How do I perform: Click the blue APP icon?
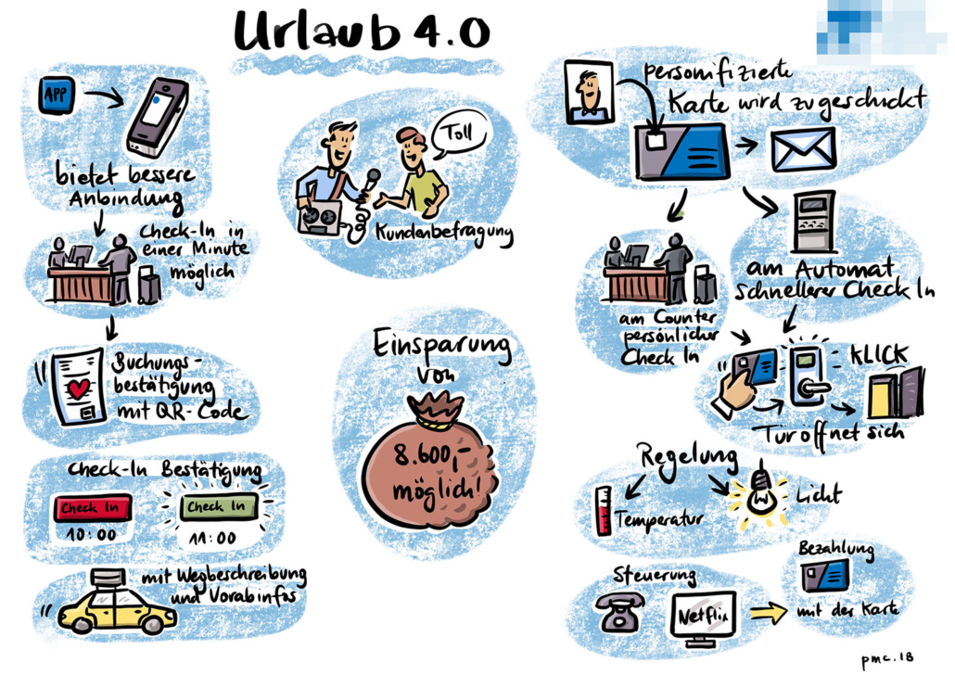(x=57, y=95)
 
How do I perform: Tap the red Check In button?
(x=93, y=507)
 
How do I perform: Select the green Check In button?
(x=218, y=506)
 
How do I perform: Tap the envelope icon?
(x=802, y=150)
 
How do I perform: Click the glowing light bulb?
(x=759, y=491)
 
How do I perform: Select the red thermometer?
(x=604, y=511)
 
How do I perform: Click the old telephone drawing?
(x=619, y=612)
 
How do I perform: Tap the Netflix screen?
(x=704, y=618)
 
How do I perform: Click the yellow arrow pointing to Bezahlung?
(x=768, y=612)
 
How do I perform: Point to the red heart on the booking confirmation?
(x=79, y=388)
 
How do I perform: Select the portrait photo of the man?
(x=588, y=92)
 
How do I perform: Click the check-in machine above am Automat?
(x=814, y=222)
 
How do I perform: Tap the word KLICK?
(x=880, y=355)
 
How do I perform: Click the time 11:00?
(x=212, y=539)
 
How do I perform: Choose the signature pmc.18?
(x=887, y=659)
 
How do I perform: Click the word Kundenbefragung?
(x=444, y=234)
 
